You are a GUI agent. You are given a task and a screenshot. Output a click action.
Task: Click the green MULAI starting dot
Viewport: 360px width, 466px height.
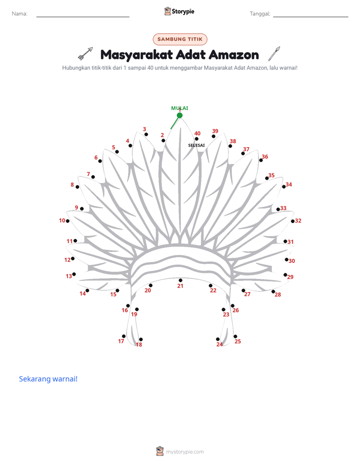pyautogui.click(x=179, y=115)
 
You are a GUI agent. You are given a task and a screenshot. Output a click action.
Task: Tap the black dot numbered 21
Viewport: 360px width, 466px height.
pyautogui.click(x=181, y=280)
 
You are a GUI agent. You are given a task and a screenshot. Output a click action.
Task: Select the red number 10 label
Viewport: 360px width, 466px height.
pyautogui.click(x=62, y=220)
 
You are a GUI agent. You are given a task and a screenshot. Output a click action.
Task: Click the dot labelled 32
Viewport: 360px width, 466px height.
pyautogui.click(x=292, y=221)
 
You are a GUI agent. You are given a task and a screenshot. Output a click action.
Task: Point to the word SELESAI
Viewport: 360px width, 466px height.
pyautogui.click(x=196, y=145)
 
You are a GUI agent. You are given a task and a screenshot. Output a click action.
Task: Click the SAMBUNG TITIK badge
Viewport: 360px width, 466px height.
pyautogui.click(x=180, y=39)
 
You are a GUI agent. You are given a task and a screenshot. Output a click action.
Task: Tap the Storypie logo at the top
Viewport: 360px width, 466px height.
pyautogui.click(x=179, y=11)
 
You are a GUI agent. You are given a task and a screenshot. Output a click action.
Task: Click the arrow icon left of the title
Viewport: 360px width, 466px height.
pyautogui.click(x=86, y=53)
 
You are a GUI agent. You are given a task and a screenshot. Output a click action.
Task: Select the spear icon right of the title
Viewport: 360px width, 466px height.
pyautogui.click(x=274, y=53)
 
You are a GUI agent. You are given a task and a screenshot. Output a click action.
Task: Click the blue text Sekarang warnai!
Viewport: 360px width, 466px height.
pyautogui.click(x=48, y=379)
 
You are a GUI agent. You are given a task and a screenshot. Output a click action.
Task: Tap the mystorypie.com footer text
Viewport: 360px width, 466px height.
pyautogui.click(x=185, y=452)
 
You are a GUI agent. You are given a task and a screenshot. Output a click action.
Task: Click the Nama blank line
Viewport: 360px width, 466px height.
pyautogui.click(x=83, y=17)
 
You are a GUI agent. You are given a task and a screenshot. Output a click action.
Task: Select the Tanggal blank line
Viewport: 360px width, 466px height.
pyautogui.click(x=311, y=17)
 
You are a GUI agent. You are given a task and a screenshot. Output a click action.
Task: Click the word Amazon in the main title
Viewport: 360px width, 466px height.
pyautogui.click(x=234, y=55)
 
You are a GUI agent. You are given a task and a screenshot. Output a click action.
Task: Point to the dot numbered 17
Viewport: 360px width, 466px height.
pyautogui.click(x=124, y=336)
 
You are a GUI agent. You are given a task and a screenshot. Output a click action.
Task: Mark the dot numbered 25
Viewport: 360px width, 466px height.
pyautogui.click(x=235, y=336)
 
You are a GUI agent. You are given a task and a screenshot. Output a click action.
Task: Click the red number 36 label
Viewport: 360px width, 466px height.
pyautogui.click(x=265, y=157)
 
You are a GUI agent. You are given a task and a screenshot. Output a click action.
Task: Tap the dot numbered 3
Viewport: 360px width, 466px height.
pyautogui.click(x=146, y=134)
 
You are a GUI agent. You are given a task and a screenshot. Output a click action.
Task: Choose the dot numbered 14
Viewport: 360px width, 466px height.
pyautogui.click(x=87, y=290)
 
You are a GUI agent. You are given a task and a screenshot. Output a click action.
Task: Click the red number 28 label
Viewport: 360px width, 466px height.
pyautogui.click(x=278, y=295)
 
